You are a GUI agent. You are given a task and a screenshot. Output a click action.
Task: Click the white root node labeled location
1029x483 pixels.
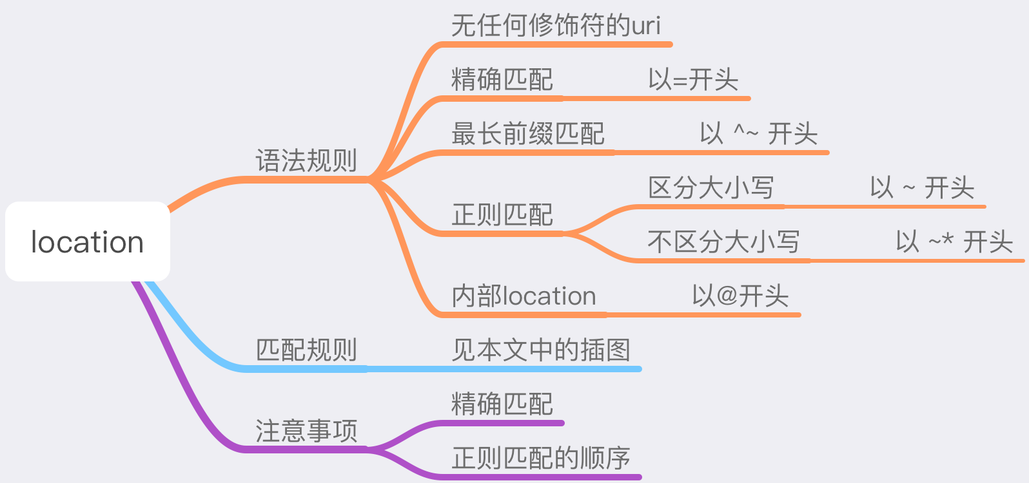pos(88,242)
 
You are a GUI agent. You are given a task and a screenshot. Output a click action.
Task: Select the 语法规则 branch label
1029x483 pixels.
pos(306,161)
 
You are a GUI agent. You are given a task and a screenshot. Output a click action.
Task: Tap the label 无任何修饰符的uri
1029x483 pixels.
pos(556,26)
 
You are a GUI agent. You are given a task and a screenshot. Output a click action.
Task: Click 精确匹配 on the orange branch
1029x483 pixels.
pos(502,80)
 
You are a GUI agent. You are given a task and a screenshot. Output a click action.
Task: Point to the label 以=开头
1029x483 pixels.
pos(693,80)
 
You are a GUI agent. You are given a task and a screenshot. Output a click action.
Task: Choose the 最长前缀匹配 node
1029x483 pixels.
pos(528,134)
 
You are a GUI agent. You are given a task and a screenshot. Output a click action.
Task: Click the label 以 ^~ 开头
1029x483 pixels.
pos(759,134)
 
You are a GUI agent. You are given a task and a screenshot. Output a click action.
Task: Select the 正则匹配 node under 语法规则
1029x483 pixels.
pos(502,215)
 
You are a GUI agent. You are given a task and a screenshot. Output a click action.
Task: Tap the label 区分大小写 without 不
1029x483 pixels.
pos(711,188)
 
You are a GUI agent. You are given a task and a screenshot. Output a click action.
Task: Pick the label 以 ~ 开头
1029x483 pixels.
pos(922,188)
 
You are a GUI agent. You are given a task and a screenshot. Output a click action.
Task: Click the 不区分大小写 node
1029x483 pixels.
pos(723,242)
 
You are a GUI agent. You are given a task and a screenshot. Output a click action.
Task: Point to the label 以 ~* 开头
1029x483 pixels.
pos(954,242)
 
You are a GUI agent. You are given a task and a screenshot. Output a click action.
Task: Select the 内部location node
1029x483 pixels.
pos(524,296)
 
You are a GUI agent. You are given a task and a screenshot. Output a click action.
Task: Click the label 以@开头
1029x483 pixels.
pos(740,296)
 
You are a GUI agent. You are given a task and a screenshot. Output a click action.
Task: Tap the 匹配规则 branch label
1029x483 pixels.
pos(306,350)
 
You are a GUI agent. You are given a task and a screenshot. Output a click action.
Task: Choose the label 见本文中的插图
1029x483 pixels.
pos(541,350)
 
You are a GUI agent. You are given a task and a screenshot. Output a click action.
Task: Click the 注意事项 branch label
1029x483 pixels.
pos(306,431)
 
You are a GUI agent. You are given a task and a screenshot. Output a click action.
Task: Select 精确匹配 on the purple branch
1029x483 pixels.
pos(502,404)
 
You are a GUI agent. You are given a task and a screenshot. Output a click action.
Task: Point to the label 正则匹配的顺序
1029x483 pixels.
pos(541,459)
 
